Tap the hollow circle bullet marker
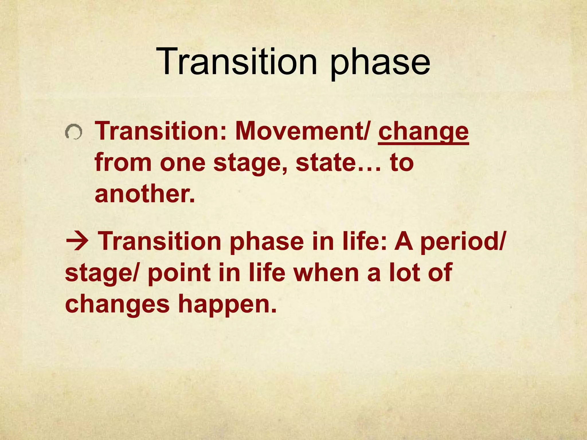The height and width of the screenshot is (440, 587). click(x=74, y=132)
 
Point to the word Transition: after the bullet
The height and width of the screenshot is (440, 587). click(x=161, y=131)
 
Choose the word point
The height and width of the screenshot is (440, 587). click(x=179, y=273)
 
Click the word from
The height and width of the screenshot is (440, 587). click(x=123, y=162)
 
